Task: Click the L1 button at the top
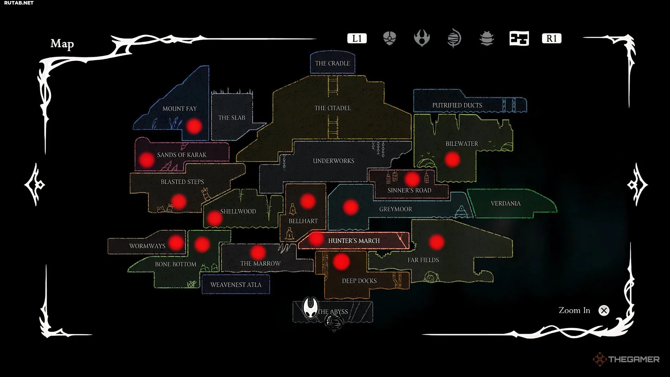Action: pos(357,38)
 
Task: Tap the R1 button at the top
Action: pos(551,38)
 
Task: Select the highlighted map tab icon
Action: pos(519,38)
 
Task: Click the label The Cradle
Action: pos(332,63)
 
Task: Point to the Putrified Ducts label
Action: pos(457,105)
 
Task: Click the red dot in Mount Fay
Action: pos(194,126)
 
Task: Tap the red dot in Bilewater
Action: pos(452,159)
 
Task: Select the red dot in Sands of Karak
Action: pos(147,160)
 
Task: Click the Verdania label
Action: pos(506,203)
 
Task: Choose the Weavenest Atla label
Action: pos(236,284)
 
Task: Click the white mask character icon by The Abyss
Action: pos(310,307)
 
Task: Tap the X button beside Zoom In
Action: pos(604,310)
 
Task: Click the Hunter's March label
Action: pos(354,241)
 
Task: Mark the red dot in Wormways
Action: pos(176,242)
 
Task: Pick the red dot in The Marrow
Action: pos(258,252)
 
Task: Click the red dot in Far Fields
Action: pos(436,242)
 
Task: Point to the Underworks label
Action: pos(334,161)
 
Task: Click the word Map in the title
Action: pos(62,44)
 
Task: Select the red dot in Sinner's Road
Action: pos(412,179)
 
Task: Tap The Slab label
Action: pos(232,118)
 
